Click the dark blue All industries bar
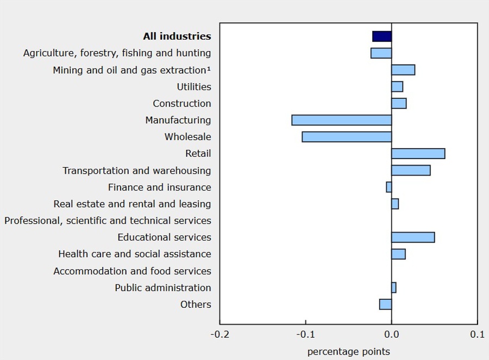click(x=382, y=36)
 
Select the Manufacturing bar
click(x=341, y=120)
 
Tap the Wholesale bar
click(x=347, y=137)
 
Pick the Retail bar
click(x=418, y=154)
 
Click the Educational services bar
click(x=413, y=237)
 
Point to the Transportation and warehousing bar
click(x=411, y=170)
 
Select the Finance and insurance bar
click(x=389, y=187)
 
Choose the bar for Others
click(x=385, y=304)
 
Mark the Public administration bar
click(x=394, y=288)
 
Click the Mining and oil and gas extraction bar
click(x=403, y=70)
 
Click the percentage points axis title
click(x=348, y=351)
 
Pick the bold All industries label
click(x=177, y=36)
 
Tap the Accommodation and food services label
click(x=132, y=271)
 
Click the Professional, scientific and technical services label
click(x=108, y=220)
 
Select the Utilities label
click(x=194, y=87)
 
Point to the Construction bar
click(x=399, y=104)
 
